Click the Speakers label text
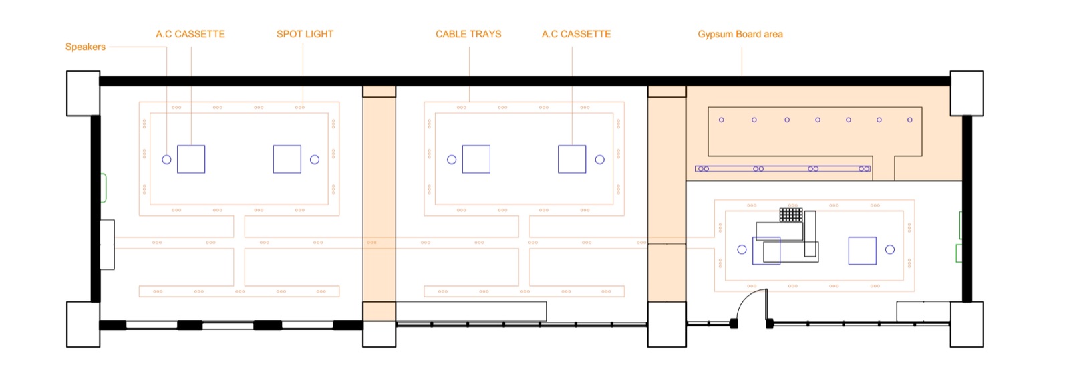tap(86, 47)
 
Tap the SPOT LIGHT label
tap(305, 34)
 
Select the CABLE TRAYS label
tap(468, 34)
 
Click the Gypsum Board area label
tap(740, 34)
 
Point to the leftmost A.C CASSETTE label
tap(190, 34)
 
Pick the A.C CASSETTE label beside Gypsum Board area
tap(576, 34)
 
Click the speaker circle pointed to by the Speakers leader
tap(166, 160)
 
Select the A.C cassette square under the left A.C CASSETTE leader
tap(191, 159)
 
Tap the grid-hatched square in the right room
tap(791, 215)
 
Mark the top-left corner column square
tap(84, 93)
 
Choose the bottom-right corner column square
tap(967, 324)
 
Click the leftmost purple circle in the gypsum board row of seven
tap(722, 120)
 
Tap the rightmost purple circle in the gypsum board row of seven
tap(910, 120)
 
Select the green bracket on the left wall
tap(104, 188)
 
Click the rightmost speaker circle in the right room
tap(890, 249)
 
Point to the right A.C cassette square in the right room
tap(863, 251)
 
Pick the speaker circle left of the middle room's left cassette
tap(452, 160)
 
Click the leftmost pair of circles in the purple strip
tap(704, 169)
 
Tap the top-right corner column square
tap(967, 93)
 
